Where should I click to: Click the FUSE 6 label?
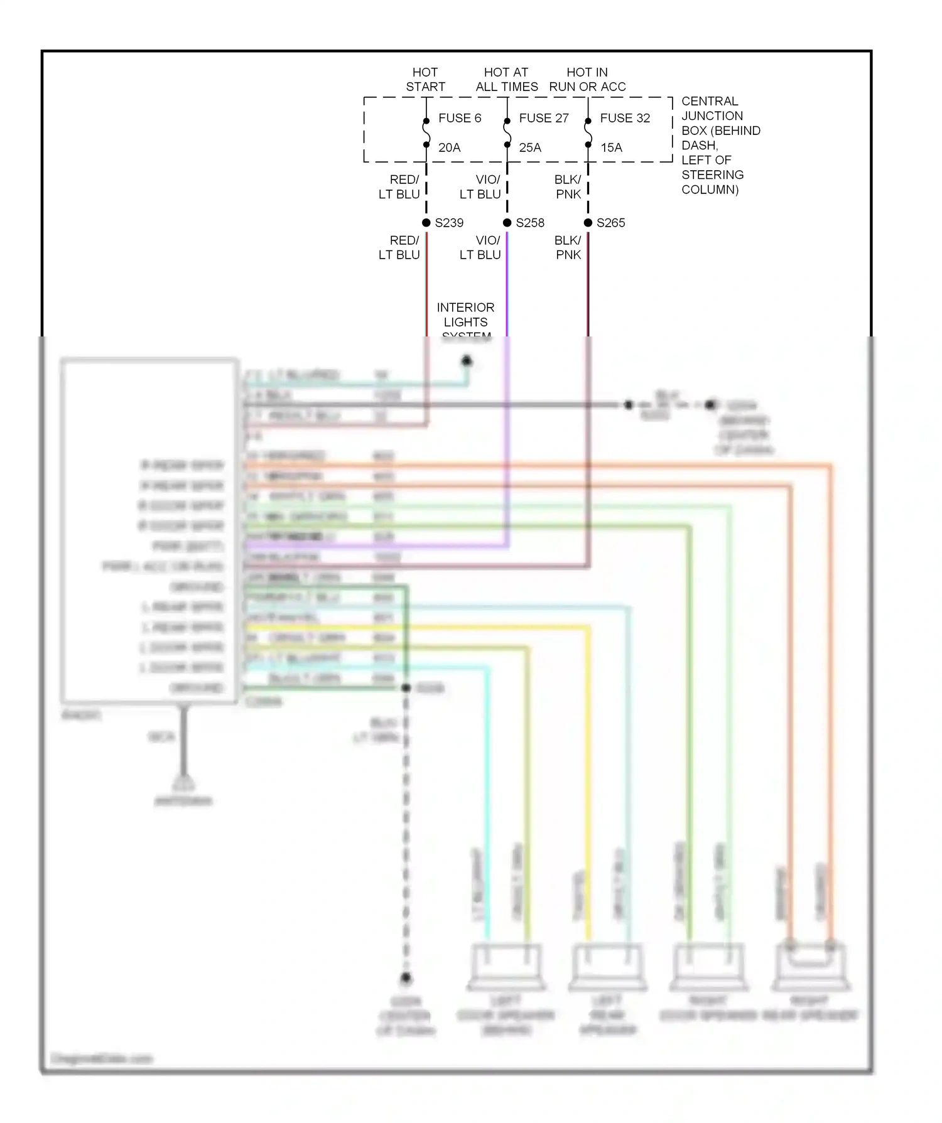[459, 118]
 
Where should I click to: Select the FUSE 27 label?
[543, 118]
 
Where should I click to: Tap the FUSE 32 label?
[625, 118]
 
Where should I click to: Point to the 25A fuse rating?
[529, 148]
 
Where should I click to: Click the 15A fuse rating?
[611, 148]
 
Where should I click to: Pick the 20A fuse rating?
[449, 148]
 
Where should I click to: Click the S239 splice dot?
[426, 223]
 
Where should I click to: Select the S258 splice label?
[530, 223]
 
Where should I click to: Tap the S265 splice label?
[610, 223]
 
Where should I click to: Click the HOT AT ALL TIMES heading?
[506, 80]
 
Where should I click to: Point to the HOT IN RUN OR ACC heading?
[587, 80]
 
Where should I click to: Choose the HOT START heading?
[425, 80]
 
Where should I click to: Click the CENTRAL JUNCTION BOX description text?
[720, 145]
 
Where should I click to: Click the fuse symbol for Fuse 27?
[507, 132]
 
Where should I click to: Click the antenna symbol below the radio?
[183, 785]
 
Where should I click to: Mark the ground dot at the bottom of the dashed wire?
[406, 978]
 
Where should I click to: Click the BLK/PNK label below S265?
[568, 247]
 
